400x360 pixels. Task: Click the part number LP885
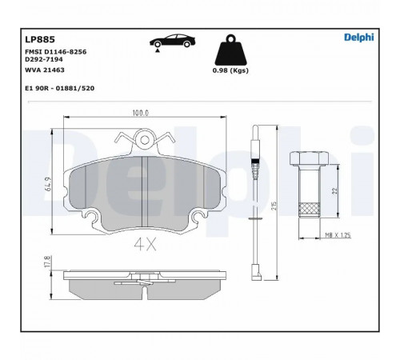click(40, 39)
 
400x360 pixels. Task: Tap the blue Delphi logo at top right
click(359, 38)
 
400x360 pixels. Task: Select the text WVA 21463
click(45, 70)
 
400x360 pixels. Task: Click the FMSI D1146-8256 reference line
click(55, 52)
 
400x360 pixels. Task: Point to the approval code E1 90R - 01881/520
click(59, 88)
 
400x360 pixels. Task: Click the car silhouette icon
click(172, 41)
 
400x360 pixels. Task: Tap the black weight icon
click(230, 50)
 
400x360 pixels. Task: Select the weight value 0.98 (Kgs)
click(230, 70)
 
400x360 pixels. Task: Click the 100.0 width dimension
click(141, 113)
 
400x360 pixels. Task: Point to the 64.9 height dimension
click(49, 184)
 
